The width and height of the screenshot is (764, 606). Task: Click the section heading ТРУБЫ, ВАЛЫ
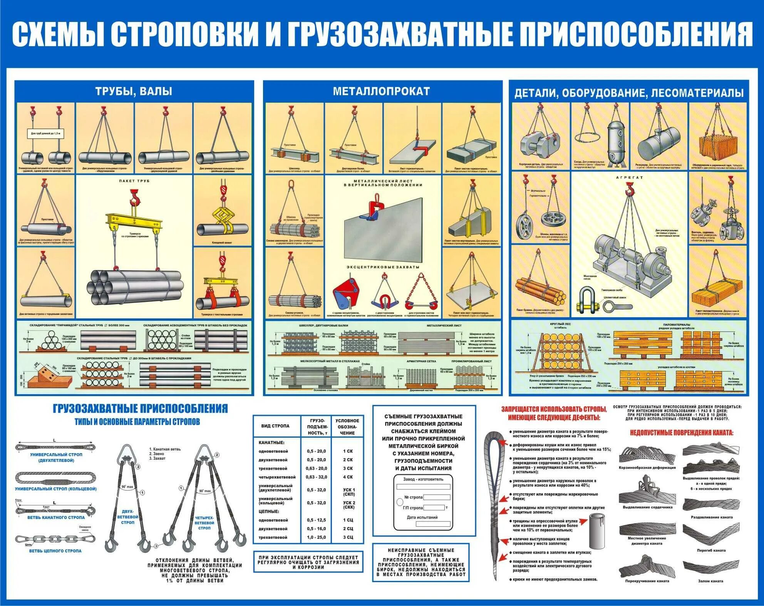tap(134, 92)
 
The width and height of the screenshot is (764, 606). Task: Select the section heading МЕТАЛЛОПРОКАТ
tap(381, 91)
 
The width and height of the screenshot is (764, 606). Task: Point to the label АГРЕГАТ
tap(630, 178)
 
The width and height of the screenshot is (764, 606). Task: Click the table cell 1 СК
tap(347, 451)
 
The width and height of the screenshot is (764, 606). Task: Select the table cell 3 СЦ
tap(347, 537)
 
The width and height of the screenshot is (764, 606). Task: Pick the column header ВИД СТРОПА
tap(275, 426)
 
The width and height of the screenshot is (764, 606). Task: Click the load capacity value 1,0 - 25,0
tap(316, 537)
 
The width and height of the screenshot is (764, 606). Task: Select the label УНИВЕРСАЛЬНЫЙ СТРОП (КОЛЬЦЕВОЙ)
tap(55, 489)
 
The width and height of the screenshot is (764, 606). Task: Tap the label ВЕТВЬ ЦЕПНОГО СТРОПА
tap(55, 551)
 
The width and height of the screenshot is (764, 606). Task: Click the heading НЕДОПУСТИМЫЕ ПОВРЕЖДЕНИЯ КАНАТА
tap(682, 433)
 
